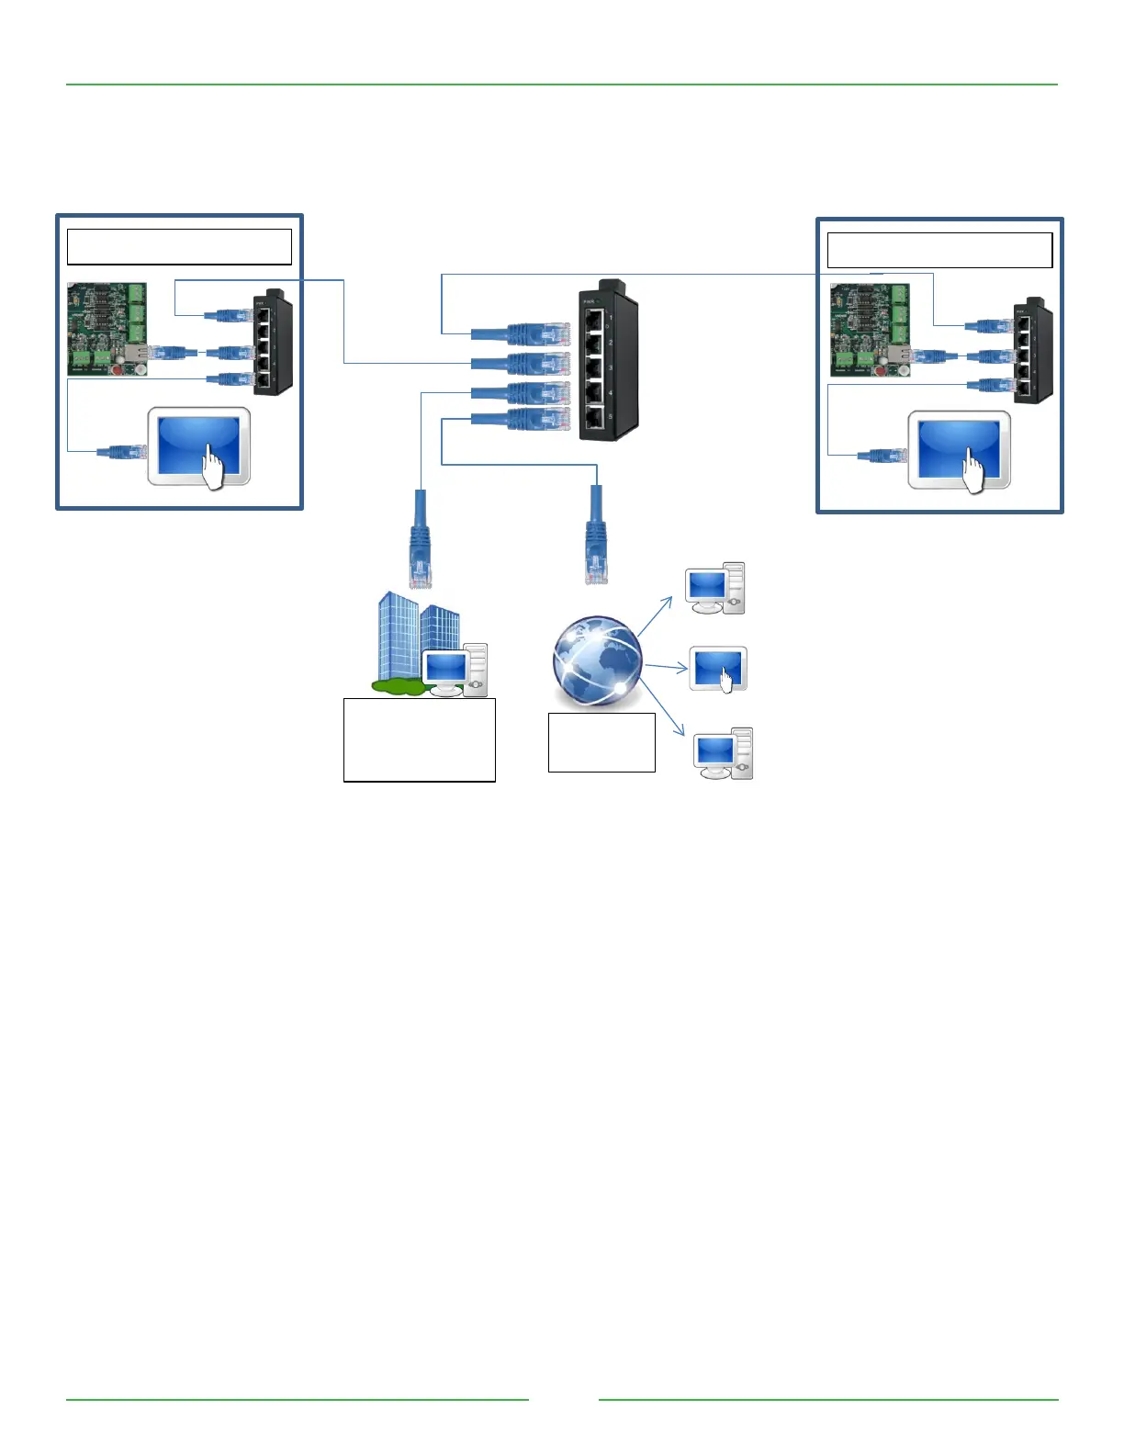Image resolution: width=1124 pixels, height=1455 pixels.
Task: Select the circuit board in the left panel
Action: pos(107,329)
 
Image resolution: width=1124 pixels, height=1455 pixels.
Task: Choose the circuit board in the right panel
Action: pos(870,331)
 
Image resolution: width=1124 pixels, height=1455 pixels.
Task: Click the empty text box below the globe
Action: pos(601,742)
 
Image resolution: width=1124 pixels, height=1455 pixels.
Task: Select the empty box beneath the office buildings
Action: pos(419,739)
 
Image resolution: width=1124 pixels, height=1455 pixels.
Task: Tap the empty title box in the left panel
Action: pos(179,247)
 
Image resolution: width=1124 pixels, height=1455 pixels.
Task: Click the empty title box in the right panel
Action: pos(939,250)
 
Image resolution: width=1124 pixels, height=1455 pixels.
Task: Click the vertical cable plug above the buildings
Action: pos(420,540)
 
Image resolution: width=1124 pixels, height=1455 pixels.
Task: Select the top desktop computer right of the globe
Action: pos(714,588)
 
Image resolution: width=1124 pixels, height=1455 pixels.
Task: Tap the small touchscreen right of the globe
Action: pos(718,669)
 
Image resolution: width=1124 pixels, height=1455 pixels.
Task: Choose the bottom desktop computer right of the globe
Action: pos(723,753)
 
